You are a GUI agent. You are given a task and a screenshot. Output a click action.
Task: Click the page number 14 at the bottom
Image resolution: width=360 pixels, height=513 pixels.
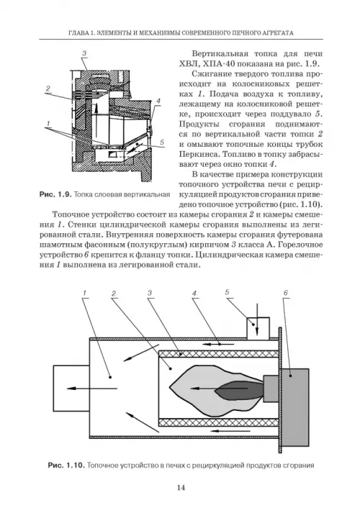click(181, 488)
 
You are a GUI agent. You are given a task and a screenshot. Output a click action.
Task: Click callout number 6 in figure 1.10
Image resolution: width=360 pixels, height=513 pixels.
click(285, 293)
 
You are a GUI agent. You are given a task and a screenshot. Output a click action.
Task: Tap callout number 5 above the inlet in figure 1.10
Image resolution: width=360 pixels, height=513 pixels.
click(227, 292)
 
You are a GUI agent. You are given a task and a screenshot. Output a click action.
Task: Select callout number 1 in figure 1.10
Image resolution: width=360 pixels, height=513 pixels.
click(84, 293)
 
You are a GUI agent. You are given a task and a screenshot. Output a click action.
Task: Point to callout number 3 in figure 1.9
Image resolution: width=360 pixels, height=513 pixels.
click(84, 53)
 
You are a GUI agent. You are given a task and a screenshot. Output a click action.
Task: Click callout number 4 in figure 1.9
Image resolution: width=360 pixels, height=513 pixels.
click(158, 101)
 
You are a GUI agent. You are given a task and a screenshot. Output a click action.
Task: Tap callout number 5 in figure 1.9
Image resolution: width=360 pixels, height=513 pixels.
click(162, 142)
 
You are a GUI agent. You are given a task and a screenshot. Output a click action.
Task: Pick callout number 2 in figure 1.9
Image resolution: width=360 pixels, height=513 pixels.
click(48, 88)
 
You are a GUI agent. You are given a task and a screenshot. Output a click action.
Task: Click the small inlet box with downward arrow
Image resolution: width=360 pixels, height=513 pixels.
click(258, 328)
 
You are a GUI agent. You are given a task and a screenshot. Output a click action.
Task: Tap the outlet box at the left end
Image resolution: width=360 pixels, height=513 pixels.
click(71, 388)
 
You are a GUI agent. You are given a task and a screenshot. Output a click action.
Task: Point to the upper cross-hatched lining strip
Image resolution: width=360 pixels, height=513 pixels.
click(219, 354)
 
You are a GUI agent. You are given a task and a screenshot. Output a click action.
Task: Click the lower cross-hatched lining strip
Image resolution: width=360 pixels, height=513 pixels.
click(219, 422)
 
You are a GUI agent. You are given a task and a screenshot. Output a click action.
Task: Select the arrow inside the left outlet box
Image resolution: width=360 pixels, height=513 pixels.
click(92, 389)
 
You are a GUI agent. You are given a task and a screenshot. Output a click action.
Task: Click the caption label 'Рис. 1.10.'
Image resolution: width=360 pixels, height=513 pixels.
click(66, 465)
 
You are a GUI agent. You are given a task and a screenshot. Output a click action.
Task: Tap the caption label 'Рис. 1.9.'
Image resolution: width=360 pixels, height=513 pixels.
click(55, 195)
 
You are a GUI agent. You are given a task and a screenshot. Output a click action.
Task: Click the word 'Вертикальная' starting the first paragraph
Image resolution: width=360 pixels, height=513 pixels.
click(218, 54)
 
